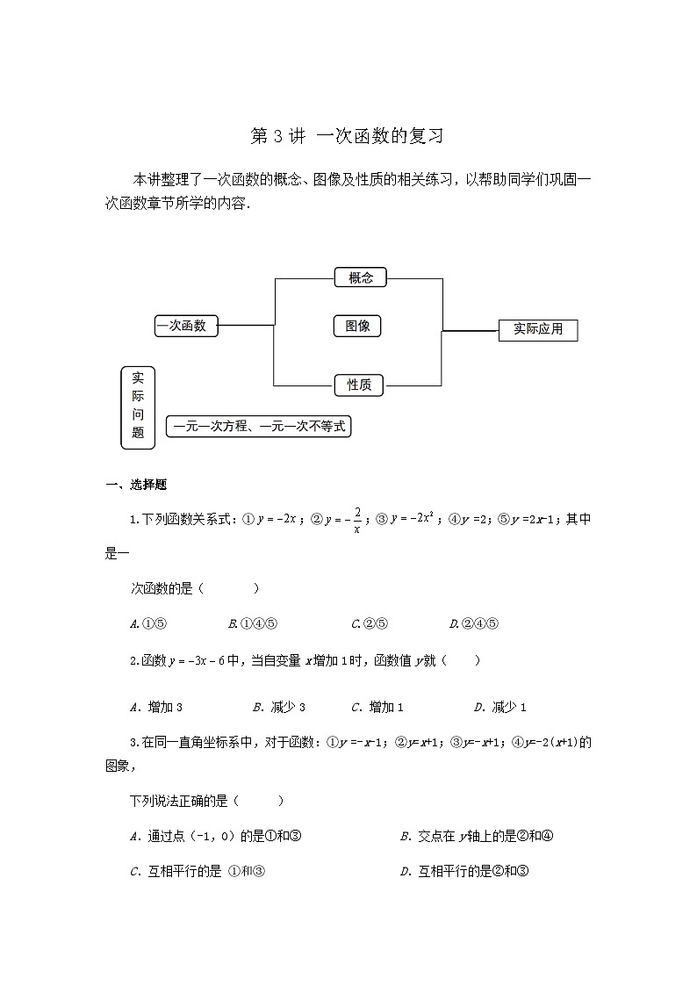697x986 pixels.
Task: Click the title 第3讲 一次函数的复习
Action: click(x=348, y=136)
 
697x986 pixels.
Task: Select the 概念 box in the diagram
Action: click(x=360, y=277)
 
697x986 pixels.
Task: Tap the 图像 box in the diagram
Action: click(x=357, y=327)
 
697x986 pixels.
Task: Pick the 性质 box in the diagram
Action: click(x=359, y=385)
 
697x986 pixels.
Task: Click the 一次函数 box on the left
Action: click(x=185, y=326)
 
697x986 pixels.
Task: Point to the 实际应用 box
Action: click(x=538, y=330)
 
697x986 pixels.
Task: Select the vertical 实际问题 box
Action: click(x=138, y=407)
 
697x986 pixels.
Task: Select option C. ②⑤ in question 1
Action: click(x=369, y=624)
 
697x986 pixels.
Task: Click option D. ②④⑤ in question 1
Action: click(x=473, y=624)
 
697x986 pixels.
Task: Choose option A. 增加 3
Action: click(x=155, y=707)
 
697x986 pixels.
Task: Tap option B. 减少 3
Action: click(x=278, y=707)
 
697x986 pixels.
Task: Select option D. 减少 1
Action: click(x=499, y=707)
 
